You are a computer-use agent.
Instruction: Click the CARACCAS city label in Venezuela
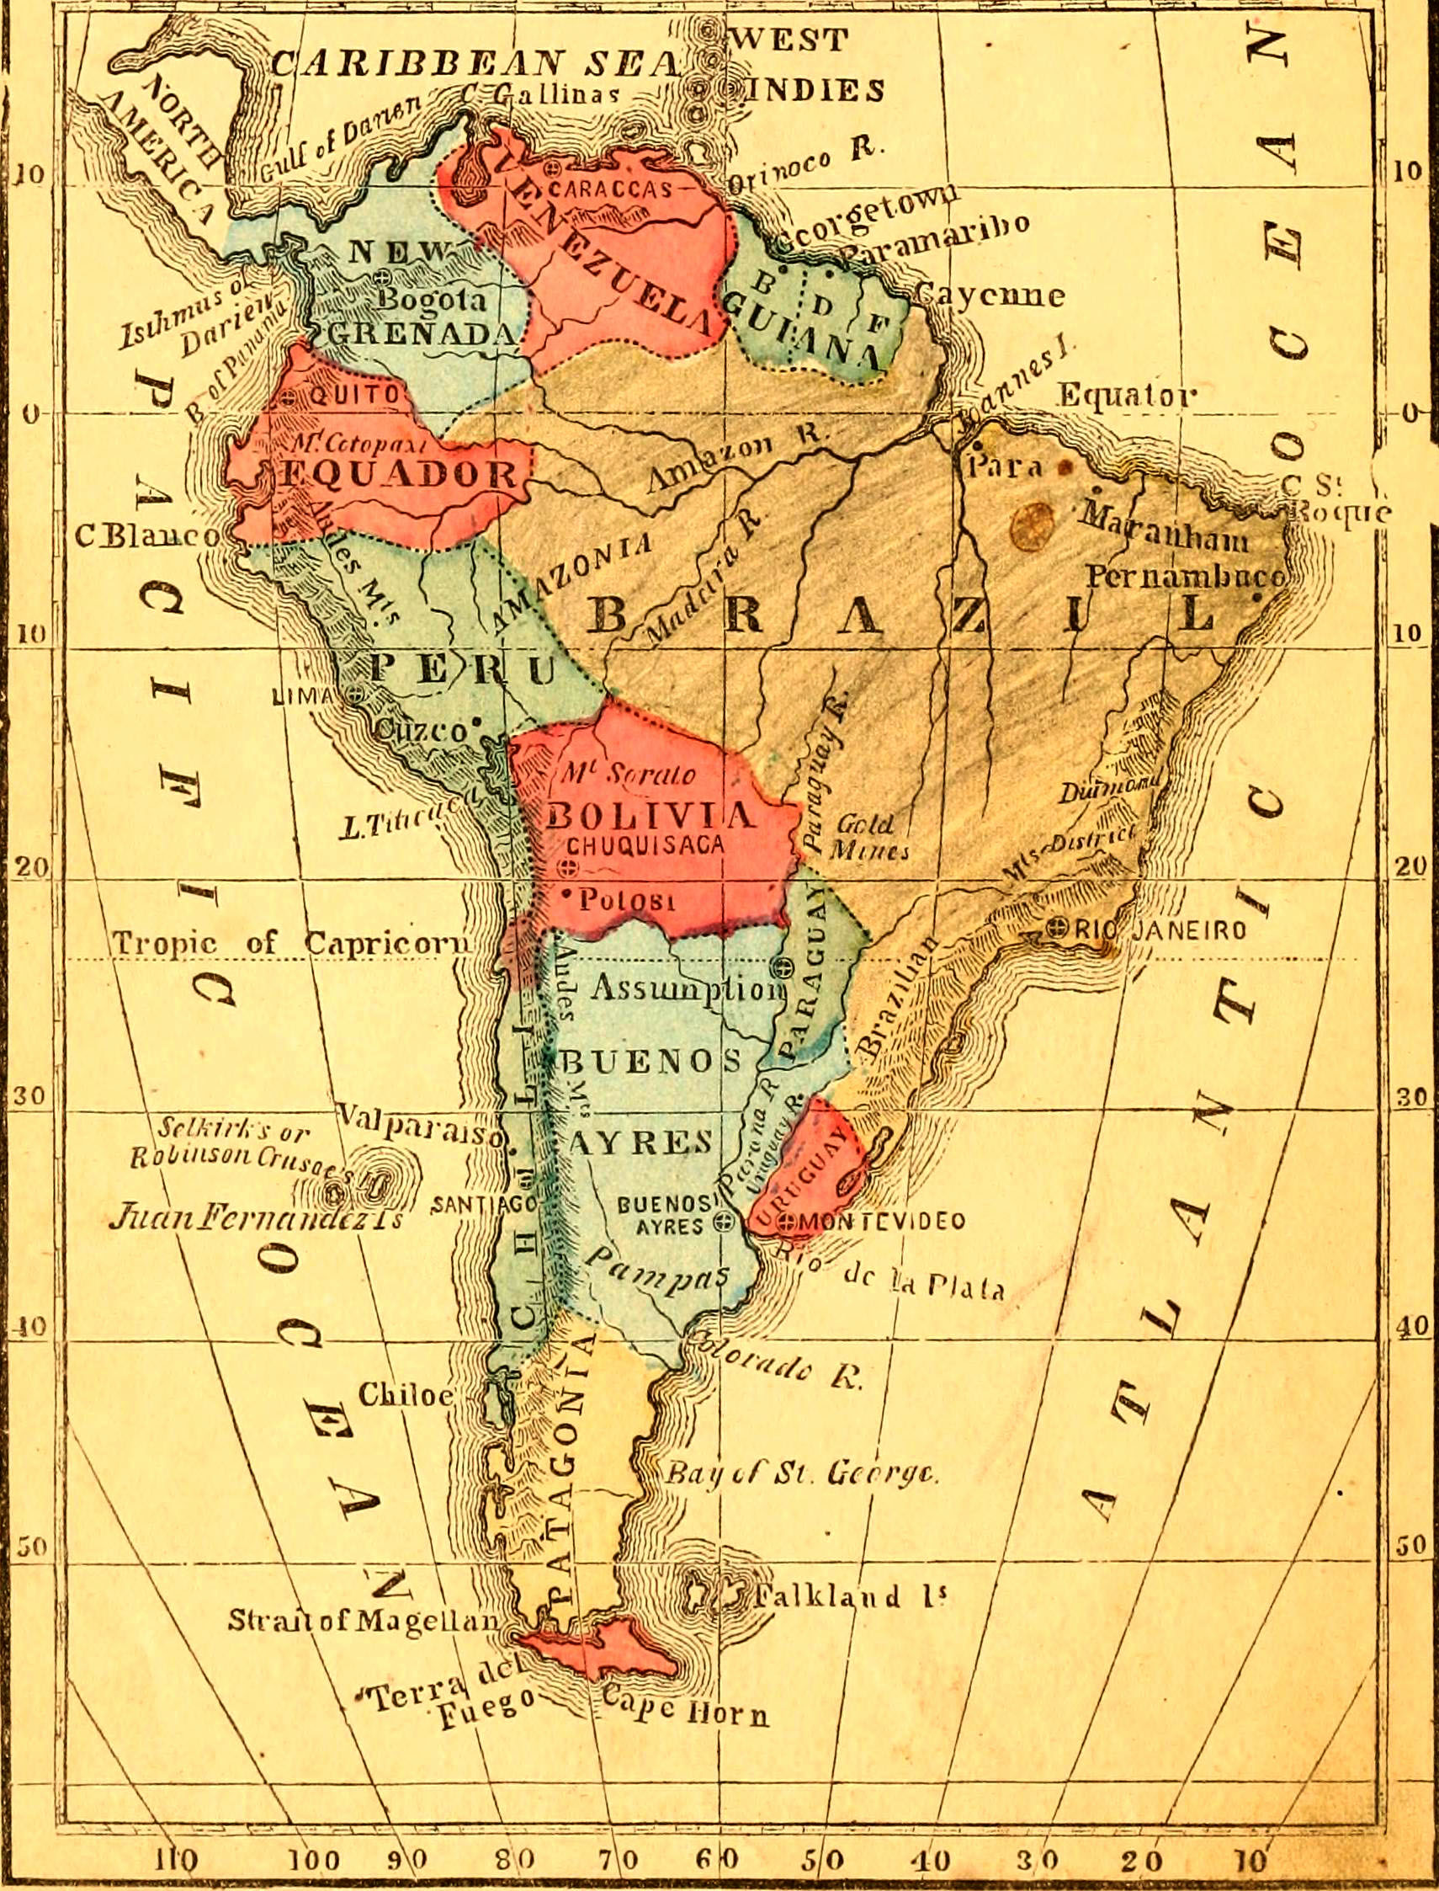tap(610, 189)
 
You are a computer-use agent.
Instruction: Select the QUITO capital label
tap(353, 395)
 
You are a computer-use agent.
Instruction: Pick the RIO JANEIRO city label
tap(1160, 929)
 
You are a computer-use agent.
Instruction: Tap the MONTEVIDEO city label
tap(881, 1221)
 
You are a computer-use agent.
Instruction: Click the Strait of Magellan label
tap(364, 1620)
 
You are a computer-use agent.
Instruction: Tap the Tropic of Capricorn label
tap(291, 943)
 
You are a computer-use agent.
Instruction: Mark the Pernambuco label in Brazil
tap(1186, 576)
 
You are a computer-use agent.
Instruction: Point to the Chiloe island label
tap(405, 1394)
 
